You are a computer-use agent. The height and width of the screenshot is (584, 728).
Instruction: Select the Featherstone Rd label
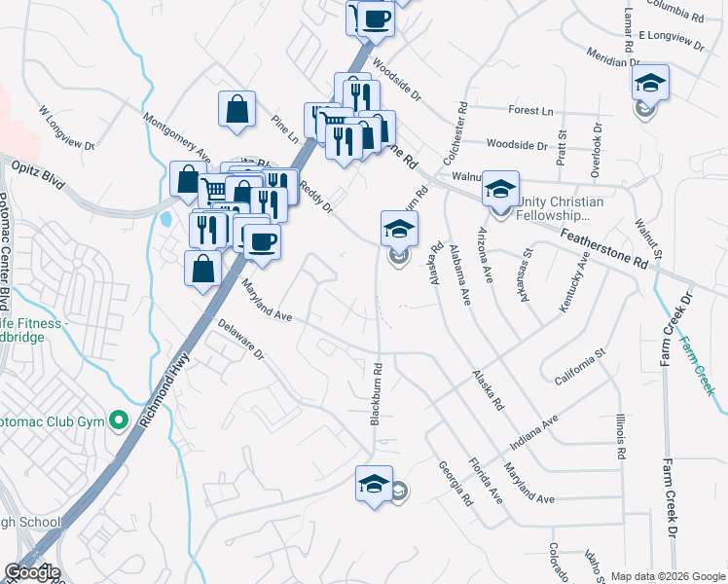click(603, 248)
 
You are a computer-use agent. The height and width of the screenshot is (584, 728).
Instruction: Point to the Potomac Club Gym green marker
click(120, 420)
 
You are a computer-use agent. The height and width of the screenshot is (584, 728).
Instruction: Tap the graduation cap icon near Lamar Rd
click(650, 83)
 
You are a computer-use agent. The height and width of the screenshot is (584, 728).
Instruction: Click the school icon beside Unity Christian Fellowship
click(500, 189)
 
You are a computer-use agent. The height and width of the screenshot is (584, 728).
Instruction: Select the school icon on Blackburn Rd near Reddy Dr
click(398, 230)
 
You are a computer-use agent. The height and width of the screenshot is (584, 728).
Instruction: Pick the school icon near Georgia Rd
click(373, 484)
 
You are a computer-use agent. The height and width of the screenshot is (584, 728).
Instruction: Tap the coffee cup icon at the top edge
click(375, 18)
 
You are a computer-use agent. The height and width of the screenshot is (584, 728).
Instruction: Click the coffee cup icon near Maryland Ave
click(261, 241)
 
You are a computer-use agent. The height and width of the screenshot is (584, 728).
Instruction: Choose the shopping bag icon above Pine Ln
click(237, 109)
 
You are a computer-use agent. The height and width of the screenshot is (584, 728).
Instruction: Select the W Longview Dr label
click(66, 129)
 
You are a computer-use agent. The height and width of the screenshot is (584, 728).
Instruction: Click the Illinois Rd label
click(619, 434)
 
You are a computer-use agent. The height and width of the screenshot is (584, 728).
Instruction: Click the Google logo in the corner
click(32, 572)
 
